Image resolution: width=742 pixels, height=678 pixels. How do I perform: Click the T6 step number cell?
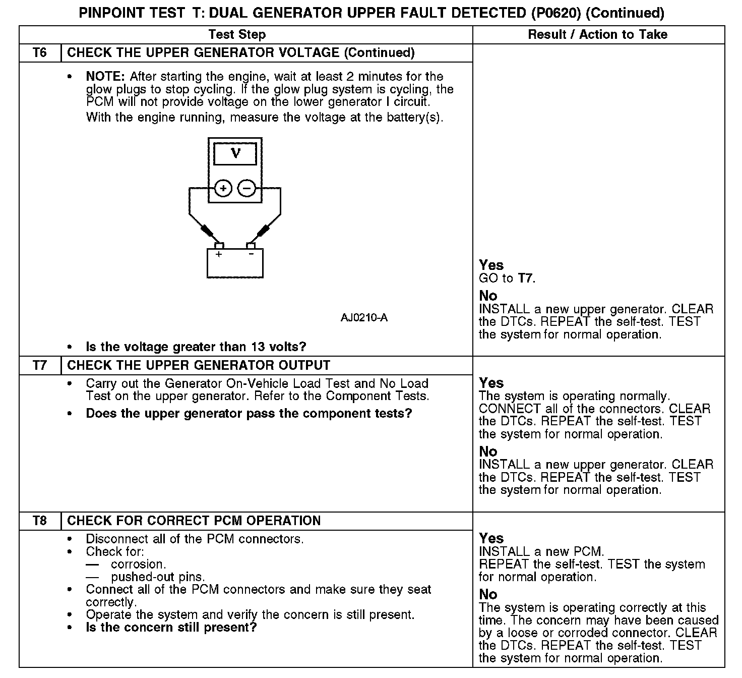(40, 53)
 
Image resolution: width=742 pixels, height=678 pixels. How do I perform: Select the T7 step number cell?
(40, 365)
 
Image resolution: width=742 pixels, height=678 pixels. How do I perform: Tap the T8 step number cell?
(40, 521)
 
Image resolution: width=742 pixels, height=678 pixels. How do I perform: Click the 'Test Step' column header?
(237, 34)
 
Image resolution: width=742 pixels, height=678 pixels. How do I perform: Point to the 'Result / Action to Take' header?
(597, 34)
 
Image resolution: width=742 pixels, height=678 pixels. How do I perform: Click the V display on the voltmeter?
(235, 154)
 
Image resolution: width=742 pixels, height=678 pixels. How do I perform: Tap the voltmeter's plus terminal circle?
(223, 189)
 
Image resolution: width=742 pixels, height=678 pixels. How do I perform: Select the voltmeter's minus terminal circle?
(247, 189)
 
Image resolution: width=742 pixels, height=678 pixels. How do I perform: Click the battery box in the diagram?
(235, 264)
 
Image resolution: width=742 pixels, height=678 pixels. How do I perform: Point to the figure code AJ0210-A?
(364, 318)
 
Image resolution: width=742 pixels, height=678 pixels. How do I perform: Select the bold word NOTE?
(105, 77)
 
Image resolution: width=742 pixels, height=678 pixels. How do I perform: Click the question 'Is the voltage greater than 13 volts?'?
(196, 347)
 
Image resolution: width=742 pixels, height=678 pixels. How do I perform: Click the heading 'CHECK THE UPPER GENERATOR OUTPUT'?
(199, 365)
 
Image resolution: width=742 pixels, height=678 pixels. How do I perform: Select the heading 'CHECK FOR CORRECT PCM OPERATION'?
(194, 521)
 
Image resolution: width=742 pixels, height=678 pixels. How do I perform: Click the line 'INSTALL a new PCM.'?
(541, 551)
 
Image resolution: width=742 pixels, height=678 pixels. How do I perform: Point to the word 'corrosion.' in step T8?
(139, 564)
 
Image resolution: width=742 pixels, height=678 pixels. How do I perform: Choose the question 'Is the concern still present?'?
(171, 628)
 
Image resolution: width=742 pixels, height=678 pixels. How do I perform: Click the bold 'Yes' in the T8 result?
(491, 538)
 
